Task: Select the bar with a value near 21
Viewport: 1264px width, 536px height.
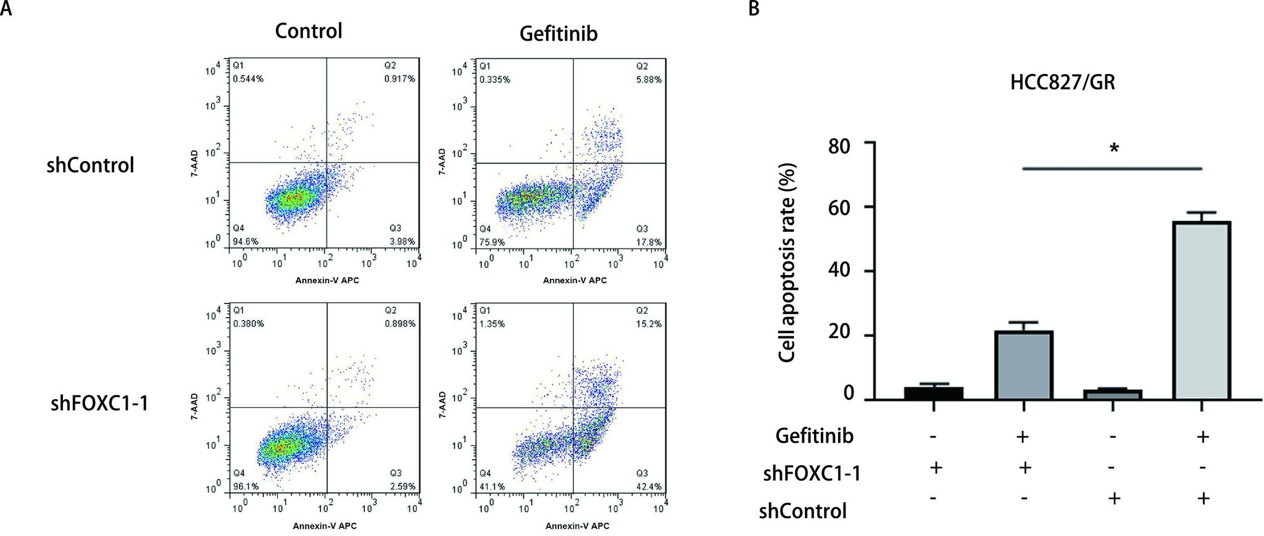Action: (1023, 365)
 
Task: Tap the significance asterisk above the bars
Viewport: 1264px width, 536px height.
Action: (1114, 149)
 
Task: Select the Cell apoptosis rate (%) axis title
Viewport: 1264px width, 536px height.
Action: (788, 263)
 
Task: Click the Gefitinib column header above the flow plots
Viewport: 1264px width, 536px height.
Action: (558, 34)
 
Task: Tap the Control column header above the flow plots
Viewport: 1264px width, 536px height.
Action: (308, 31)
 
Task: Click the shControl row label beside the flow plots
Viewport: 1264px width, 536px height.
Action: (90, 165)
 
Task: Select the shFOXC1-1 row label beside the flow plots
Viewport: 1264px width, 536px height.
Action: (99, 404)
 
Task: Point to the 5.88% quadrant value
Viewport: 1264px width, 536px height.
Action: (649, 80)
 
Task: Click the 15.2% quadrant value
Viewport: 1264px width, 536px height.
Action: (649, 324)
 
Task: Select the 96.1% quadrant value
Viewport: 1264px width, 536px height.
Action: (244, 487)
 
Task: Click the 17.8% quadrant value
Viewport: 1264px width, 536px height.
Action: (649, 242)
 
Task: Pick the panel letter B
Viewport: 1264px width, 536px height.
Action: (754, 9)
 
